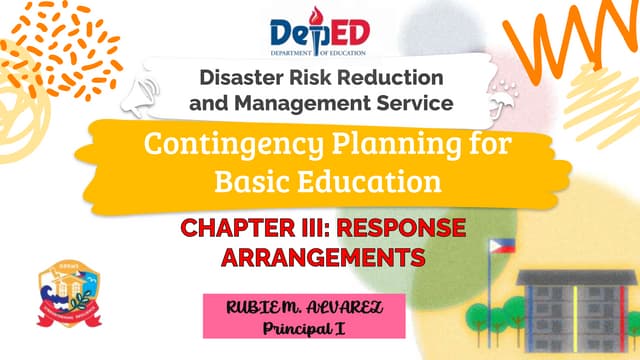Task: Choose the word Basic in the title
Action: (252, 181)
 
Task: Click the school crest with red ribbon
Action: (67, 297)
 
